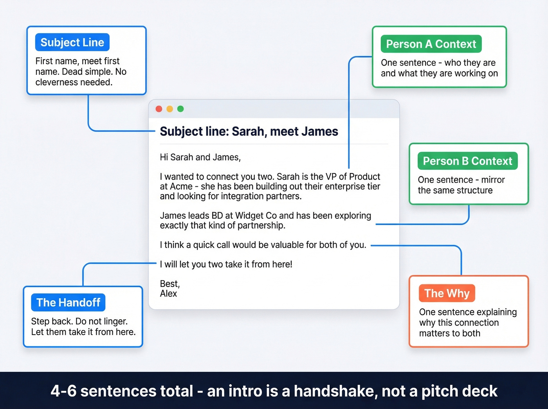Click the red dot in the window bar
point(159,109)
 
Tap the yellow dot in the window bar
point(169,109)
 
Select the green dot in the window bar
point(180,109)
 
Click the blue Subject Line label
point(72,42)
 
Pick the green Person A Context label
point(431,44)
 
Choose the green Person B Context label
point(467,161)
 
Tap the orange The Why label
point(447,293)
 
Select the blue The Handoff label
point(68,303)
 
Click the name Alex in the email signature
point(168,294)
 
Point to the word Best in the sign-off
point(169,284)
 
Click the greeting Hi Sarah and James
point(200,157)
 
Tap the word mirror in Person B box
point(493,180)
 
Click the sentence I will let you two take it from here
point(226,265)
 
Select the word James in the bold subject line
point(320,132)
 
